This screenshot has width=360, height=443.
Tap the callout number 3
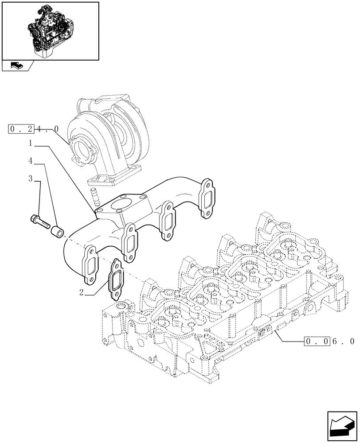31,178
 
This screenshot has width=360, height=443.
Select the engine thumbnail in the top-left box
50,30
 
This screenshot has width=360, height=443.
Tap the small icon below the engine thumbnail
17,66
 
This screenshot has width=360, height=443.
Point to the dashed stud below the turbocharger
94,194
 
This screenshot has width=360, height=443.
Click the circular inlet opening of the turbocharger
84,151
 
